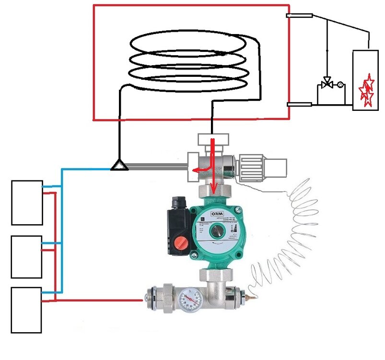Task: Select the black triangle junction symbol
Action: click(118, 166)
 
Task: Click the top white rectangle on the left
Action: click(27, 202)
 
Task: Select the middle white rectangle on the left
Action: click(26, 256)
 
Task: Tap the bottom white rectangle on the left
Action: click(26, 310)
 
